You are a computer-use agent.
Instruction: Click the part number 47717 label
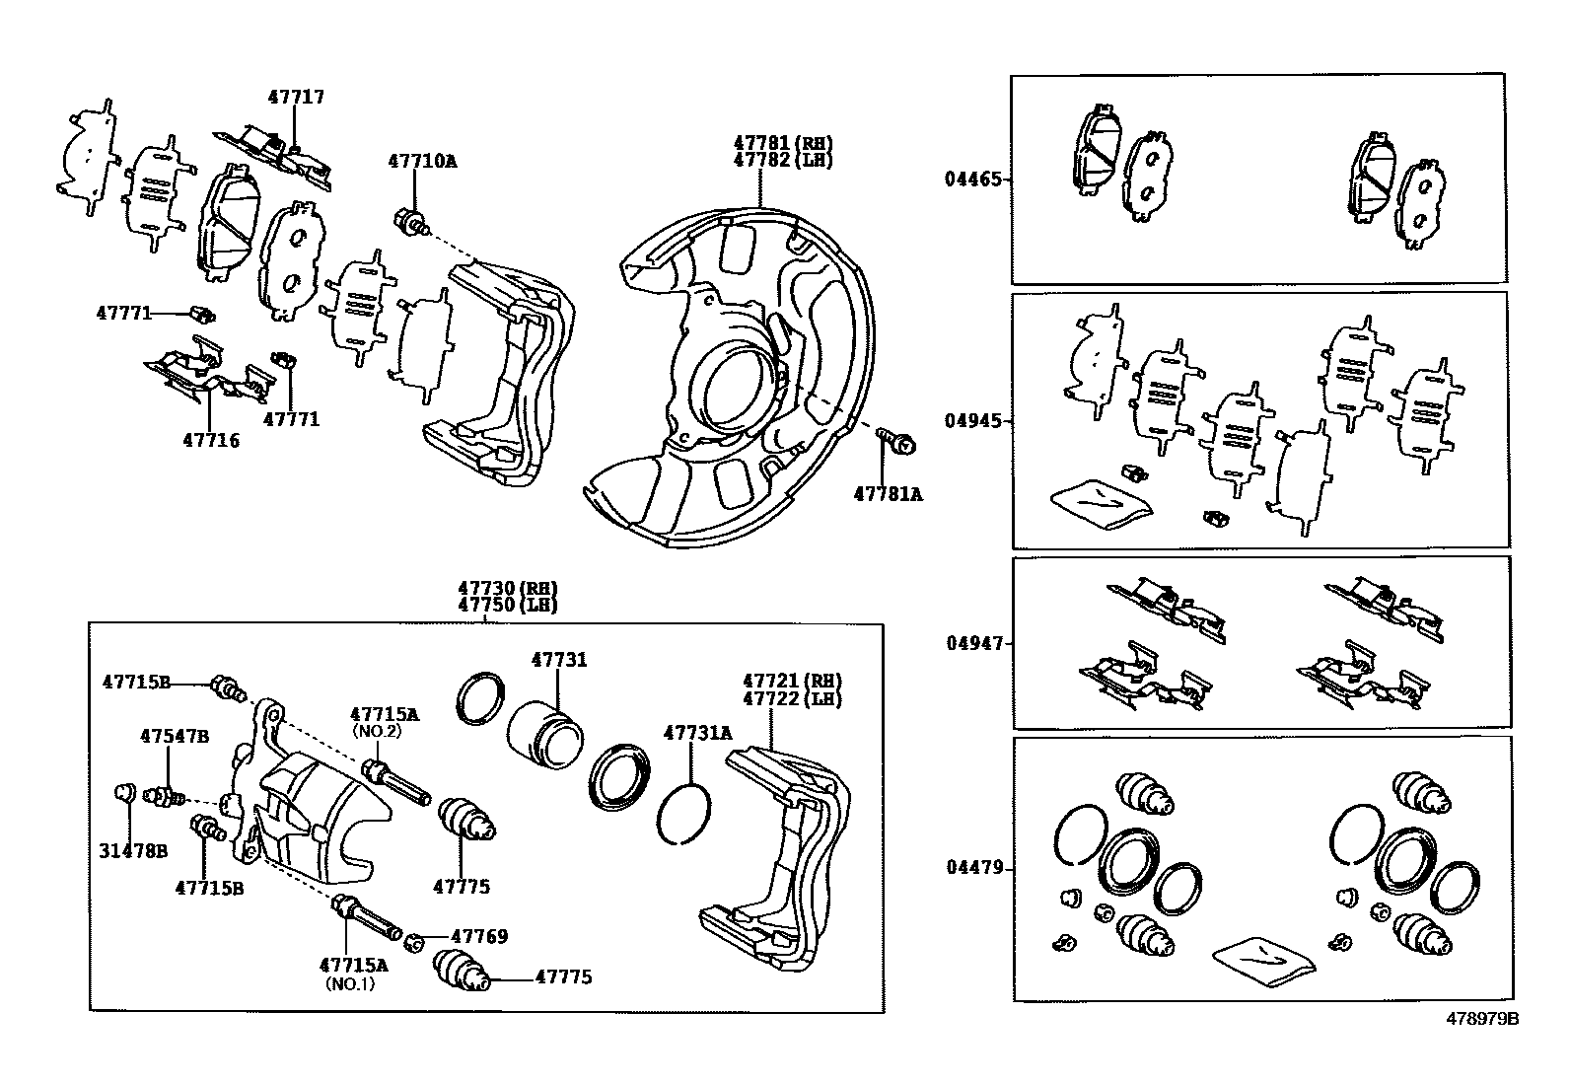pos(296,97)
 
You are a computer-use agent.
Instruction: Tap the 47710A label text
pos(422,160)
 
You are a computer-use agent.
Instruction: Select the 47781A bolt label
pos(888,494)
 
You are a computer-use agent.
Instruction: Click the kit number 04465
pos(973,180)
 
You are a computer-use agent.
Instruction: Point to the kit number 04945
pos(973,421)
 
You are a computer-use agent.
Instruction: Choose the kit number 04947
pos(973,643)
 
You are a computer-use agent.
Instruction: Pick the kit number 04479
pos(973,868)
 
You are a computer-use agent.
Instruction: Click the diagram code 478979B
pos(1482,1018)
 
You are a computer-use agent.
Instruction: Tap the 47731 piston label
pos(559,660)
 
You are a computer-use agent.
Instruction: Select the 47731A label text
pos(698,733)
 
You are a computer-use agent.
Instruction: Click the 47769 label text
pos(479,936)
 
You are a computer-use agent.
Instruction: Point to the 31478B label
pos(132,850)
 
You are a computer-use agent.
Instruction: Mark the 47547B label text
pos(175,736)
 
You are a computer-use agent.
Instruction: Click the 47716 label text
pos(210,440)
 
